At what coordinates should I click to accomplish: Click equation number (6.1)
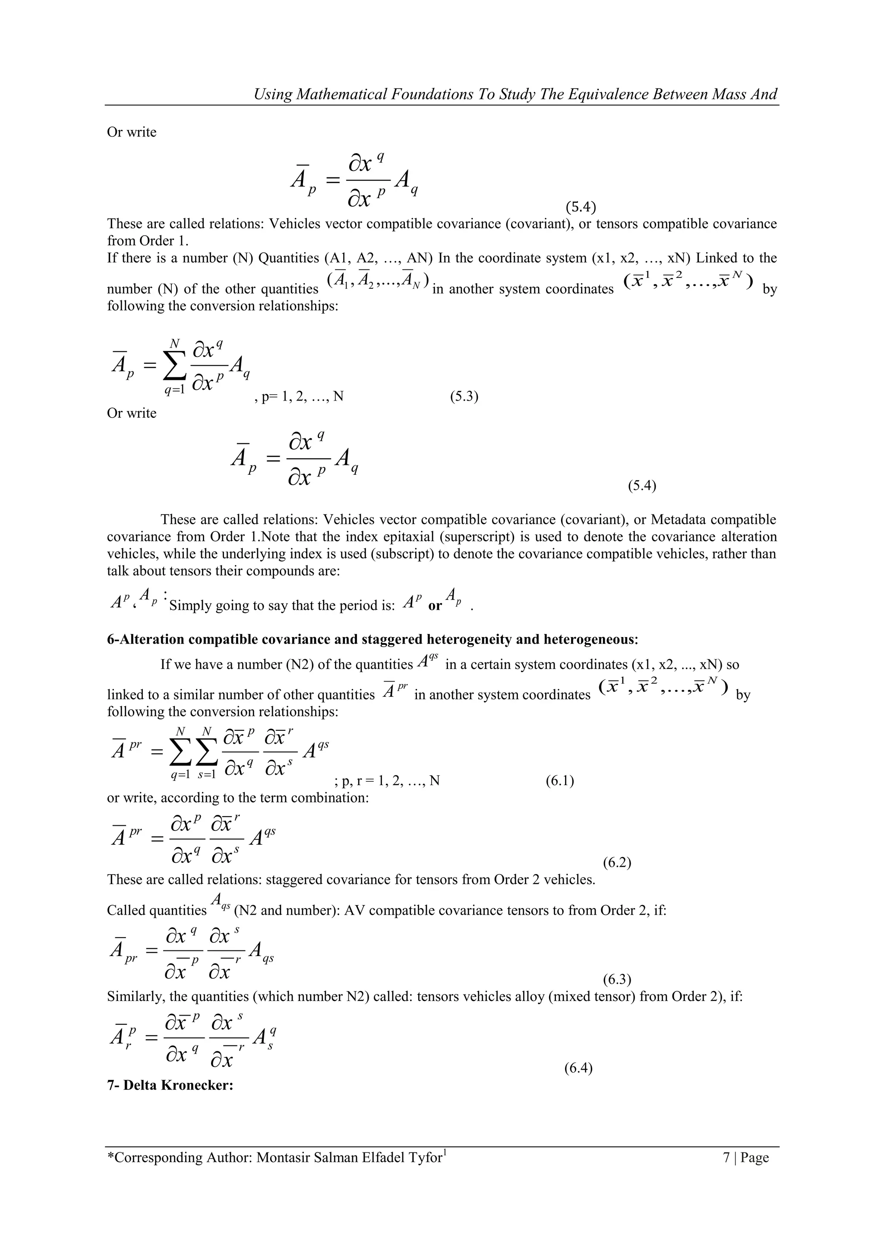pos(559,781)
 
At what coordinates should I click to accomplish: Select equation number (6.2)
pos(617,863)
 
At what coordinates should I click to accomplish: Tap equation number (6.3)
pos(617,980)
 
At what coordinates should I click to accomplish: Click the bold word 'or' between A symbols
pos(435,606)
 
